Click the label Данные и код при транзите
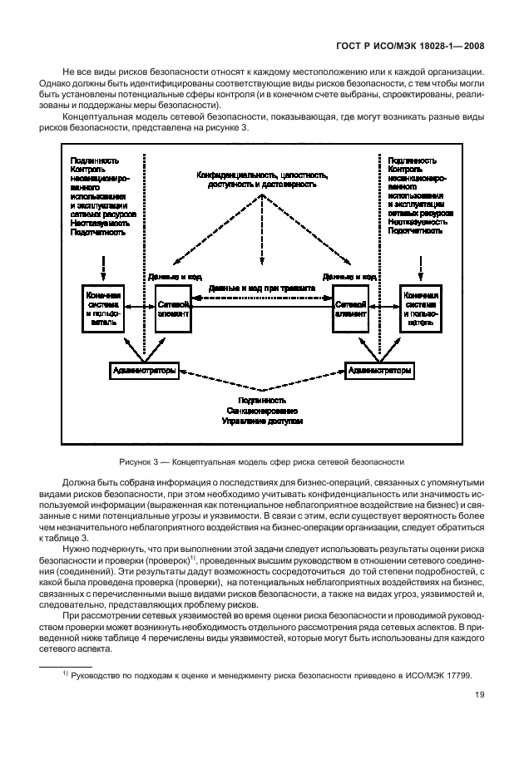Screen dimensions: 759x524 pos(261,288)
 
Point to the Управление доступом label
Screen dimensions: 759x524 pos(263,421)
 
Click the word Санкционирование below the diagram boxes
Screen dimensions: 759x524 pos(263,411)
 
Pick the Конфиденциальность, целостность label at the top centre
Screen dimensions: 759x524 pos(262,175)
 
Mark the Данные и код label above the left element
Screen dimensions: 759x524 pos(174,276)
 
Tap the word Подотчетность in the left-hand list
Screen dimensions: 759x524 pos(99,233)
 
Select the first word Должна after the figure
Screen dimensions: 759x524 pos(76,483)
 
